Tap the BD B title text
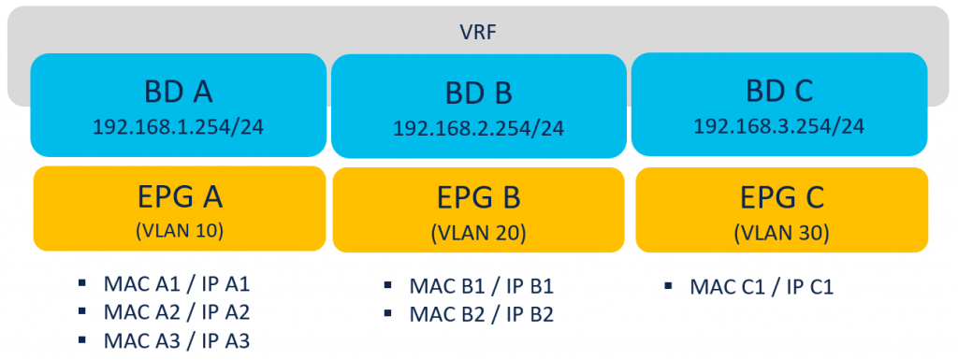coord(478,94)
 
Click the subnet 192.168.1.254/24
coord(178,126)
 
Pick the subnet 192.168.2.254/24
coord(478,129)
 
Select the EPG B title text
coord(478,197)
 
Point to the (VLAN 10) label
coord(178,230)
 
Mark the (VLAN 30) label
coord(781,232)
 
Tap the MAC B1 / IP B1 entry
coord(483,286)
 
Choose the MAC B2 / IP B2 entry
coord(483,314)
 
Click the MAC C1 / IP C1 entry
coord(761,286)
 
